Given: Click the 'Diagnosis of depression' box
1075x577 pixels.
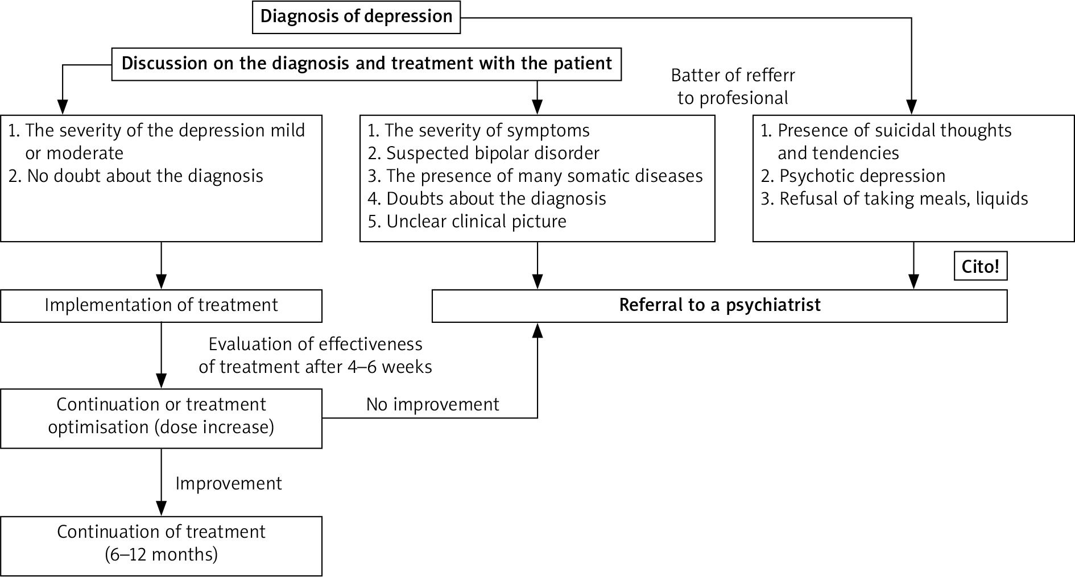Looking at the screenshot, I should pos(356,16).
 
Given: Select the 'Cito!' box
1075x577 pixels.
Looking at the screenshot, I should pos(980,267).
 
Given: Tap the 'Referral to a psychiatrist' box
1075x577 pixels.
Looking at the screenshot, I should pos(720,305).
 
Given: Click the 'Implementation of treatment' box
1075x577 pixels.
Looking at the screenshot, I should pos(161,305).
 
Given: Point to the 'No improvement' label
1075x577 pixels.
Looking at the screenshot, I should pos(432,404).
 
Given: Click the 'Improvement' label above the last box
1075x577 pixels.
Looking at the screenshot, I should pos(228,483).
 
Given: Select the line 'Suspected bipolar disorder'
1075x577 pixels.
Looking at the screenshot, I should pos(492,153).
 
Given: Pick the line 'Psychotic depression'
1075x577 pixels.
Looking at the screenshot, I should pos(862,176).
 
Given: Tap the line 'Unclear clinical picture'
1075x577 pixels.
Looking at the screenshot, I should pos(476,221).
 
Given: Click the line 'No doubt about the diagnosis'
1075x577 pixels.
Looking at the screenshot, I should pos(144,176).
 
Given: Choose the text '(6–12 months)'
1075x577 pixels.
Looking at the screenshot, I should pos(161,554).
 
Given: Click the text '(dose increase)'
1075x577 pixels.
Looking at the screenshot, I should pos(214,427).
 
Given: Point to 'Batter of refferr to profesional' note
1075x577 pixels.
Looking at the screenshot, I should pos(733,86).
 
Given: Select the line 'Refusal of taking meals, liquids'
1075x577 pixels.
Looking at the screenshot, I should pos(903,198).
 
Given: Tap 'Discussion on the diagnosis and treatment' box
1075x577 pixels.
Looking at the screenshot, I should pos(366,63).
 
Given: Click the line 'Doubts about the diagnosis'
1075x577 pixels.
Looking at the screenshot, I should pos(496,198).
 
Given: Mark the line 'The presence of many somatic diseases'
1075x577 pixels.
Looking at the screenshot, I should pos(544,176).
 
